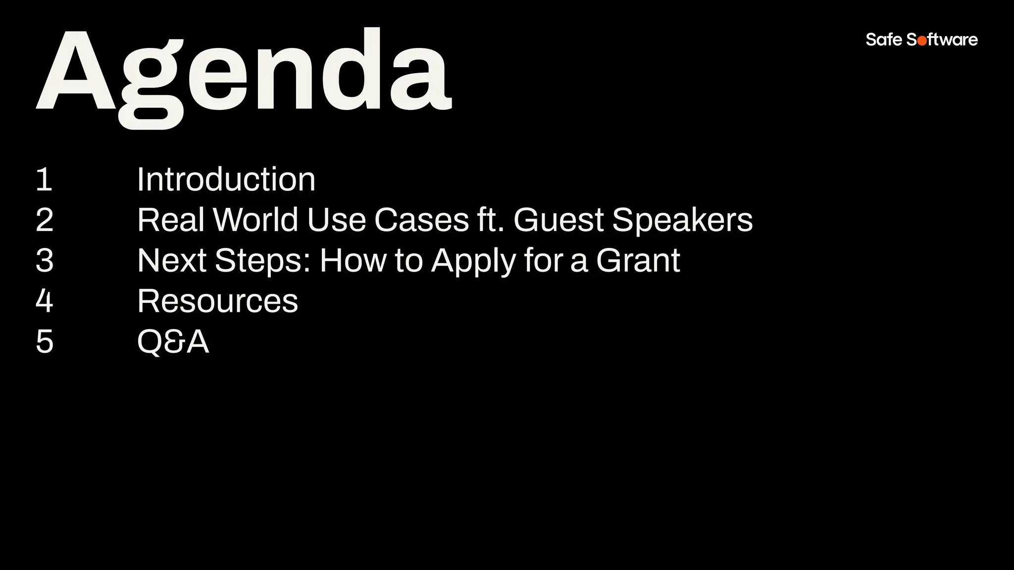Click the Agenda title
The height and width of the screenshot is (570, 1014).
(244, 74)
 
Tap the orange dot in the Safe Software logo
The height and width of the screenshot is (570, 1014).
(922, 41)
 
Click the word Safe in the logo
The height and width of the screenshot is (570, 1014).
(884, 40)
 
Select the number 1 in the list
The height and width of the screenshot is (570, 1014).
(44, 180)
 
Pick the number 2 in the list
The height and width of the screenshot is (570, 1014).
(45, 220)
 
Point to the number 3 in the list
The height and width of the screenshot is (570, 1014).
(45, 261)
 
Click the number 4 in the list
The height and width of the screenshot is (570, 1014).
(45, 301)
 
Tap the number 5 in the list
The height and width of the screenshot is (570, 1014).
(45, 342)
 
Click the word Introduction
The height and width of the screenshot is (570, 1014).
(226, 180)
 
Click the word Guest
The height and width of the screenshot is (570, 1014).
(558, 220)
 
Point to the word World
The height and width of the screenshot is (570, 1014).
(255, 220)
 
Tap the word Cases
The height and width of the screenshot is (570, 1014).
(421, 220)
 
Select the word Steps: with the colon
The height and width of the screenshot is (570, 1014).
(263, 261)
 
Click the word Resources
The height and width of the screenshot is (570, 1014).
(217, 301)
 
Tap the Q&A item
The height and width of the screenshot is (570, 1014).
(173, 342)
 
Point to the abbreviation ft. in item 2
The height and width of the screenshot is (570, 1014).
(490, 220)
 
